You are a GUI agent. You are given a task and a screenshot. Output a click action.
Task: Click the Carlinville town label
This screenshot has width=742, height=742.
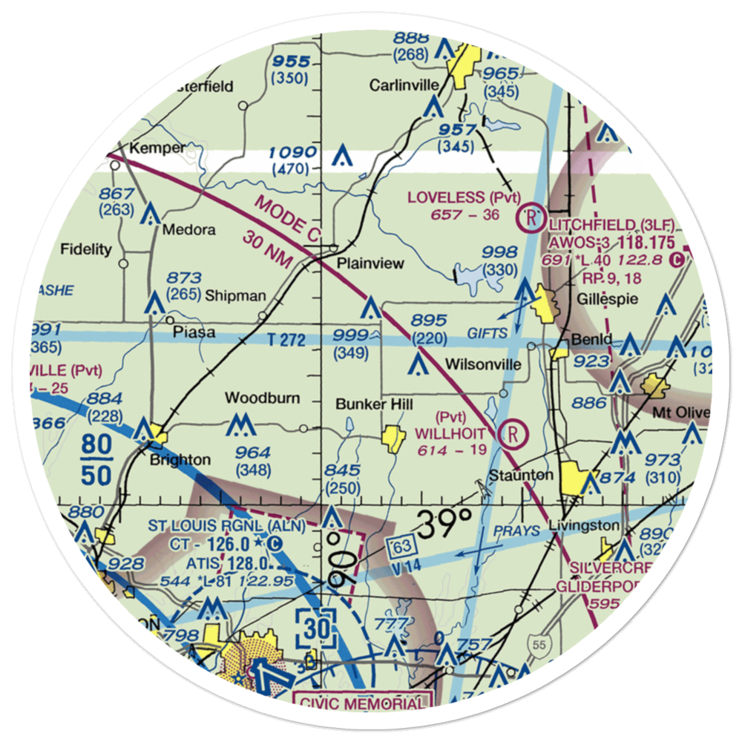point(404,85)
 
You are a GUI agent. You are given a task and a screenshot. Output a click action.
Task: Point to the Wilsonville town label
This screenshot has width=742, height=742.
point(482,365)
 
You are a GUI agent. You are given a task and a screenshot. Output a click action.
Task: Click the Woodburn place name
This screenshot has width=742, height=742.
point(263,398)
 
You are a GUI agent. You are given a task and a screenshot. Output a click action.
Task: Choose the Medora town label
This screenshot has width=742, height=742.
point(189,229)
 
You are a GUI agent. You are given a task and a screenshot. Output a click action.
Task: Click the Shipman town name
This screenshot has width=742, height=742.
point(236,295)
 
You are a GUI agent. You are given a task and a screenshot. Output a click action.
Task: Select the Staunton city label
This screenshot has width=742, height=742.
point(521,475)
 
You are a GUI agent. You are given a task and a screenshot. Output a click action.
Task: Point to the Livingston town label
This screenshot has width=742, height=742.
point(584,525)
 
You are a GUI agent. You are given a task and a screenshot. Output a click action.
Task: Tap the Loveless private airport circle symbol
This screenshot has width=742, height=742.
point(532,217)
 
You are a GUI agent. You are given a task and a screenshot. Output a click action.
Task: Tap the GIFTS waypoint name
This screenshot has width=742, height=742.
point(487,334)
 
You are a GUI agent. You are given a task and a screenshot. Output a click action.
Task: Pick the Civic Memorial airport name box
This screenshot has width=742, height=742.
point(361,701)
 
